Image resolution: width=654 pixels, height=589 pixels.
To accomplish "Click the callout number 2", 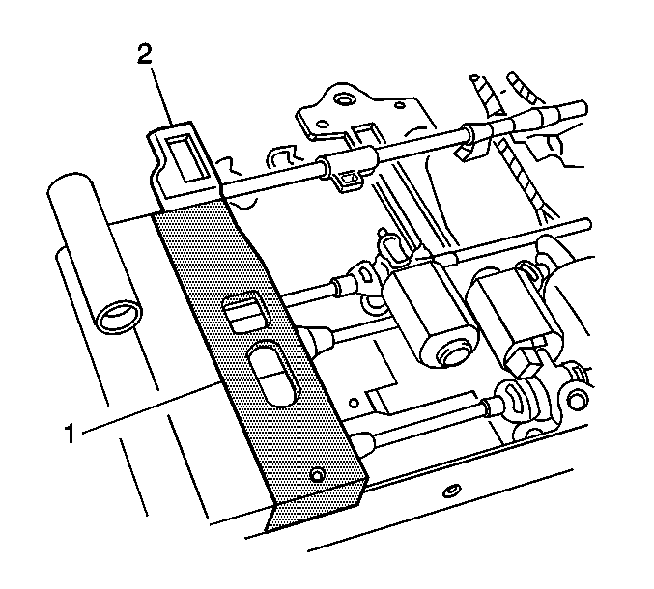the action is tap(145, 55).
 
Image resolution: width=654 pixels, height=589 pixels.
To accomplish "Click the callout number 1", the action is tap(70, 434).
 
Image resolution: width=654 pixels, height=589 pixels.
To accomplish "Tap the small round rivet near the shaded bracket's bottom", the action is tap(318, 474).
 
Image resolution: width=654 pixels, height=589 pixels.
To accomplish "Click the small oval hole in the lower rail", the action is tap(451, 491).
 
